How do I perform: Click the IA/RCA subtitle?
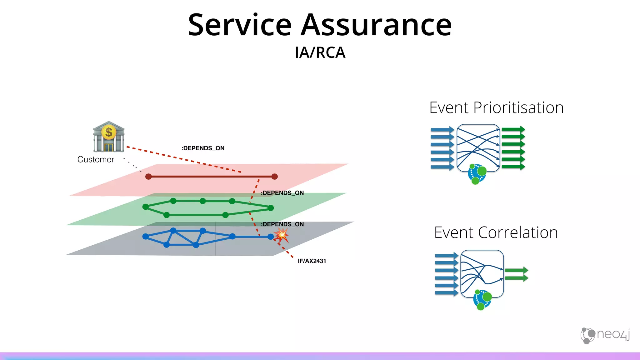320,52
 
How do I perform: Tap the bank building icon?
108,137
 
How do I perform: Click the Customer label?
96,159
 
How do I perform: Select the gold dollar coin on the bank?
109,132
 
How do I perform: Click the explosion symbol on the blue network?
282,235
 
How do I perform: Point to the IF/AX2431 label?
312,261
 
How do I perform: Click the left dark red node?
148,177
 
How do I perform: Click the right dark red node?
274,177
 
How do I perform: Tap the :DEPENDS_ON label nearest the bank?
203,148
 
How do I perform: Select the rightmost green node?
271,208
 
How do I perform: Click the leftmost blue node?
145,237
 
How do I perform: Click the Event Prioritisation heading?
496,108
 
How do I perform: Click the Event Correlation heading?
496,233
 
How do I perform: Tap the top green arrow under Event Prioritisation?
513,129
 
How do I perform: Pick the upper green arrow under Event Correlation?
516,270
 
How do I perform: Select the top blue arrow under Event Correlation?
446,256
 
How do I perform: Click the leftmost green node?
145,207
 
